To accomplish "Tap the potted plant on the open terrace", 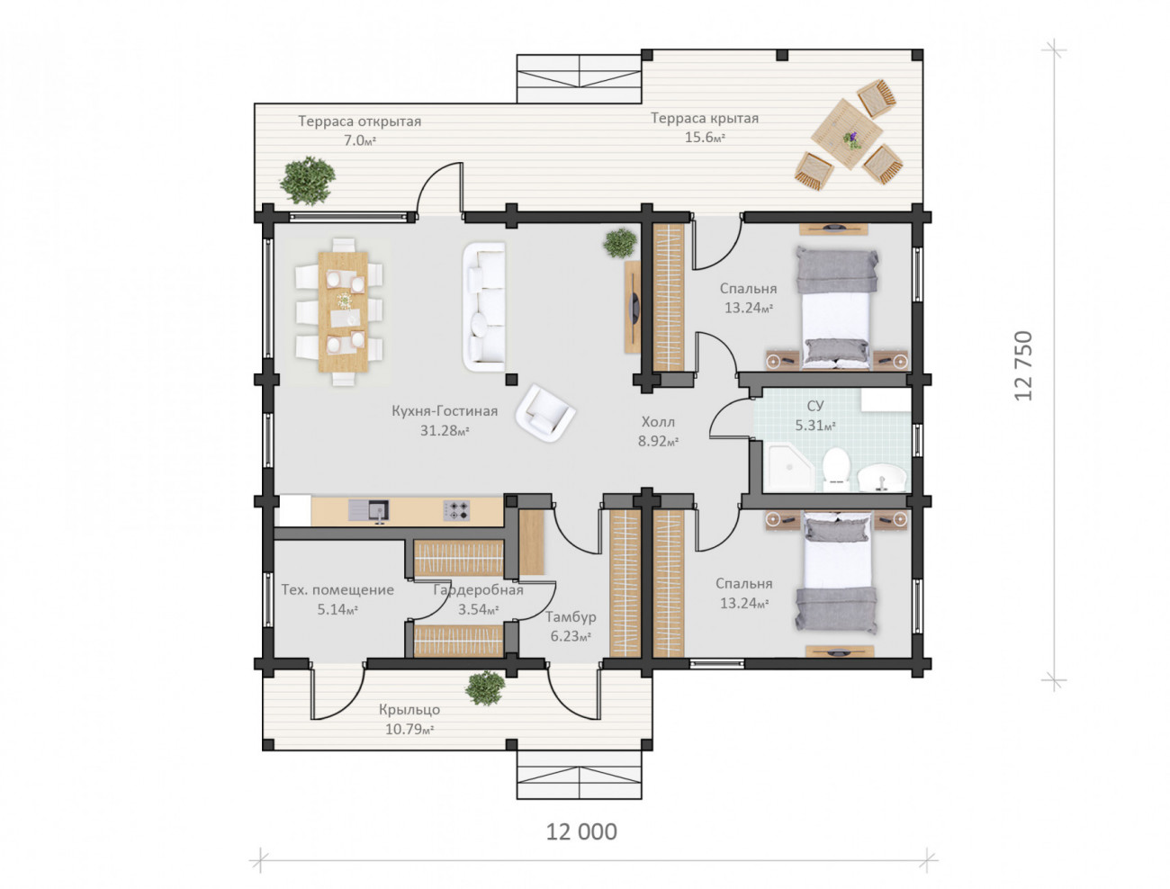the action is (x=305, y=178).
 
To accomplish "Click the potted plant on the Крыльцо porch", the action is (x=481, y=683).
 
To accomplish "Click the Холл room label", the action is (x=653, y=418).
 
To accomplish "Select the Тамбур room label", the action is (x=566, y=613).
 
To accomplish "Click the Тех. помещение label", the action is (x=335, y=586).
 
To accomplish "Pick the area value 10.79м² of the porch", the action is (x=406, y=723).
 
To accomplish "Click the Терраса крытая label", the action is (x=699, y=117).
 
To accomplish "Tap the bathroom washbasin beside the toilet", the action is (x=877, y=473).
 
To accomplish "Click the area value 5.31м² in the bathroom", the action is (x=809, y=422).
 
